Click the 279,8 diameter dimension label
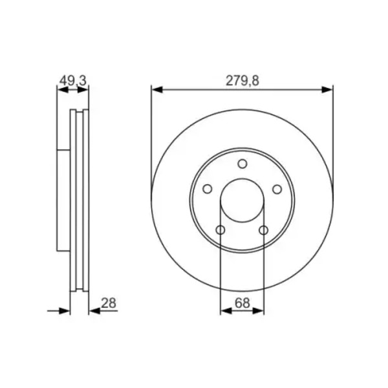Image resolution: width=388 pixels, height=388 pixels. tap(242, 81)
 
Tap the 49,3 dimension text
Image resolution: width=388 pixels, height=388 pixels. tap(72, 81)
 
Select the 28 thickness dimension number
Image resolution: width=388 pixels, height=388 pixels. tap(109, 303)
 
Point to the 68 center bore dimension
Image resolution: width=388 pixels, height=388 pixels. tap(242, 303)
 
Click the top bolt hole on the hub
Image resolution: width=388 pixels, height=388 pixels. tap(242, 164)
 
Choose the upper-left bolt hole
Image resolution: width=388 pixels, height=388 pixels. tap(208, 189)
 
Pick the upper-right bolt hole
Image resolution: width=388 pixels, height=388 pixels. tap(277, 189)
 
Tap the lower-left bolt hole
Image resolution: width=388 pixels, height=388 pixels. tap(221, 230)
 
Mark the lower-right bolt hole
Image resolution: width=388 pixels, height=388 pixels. tap(264, 230)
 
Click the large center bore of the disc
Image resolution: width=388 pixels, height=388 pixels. tap(242, 200)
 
